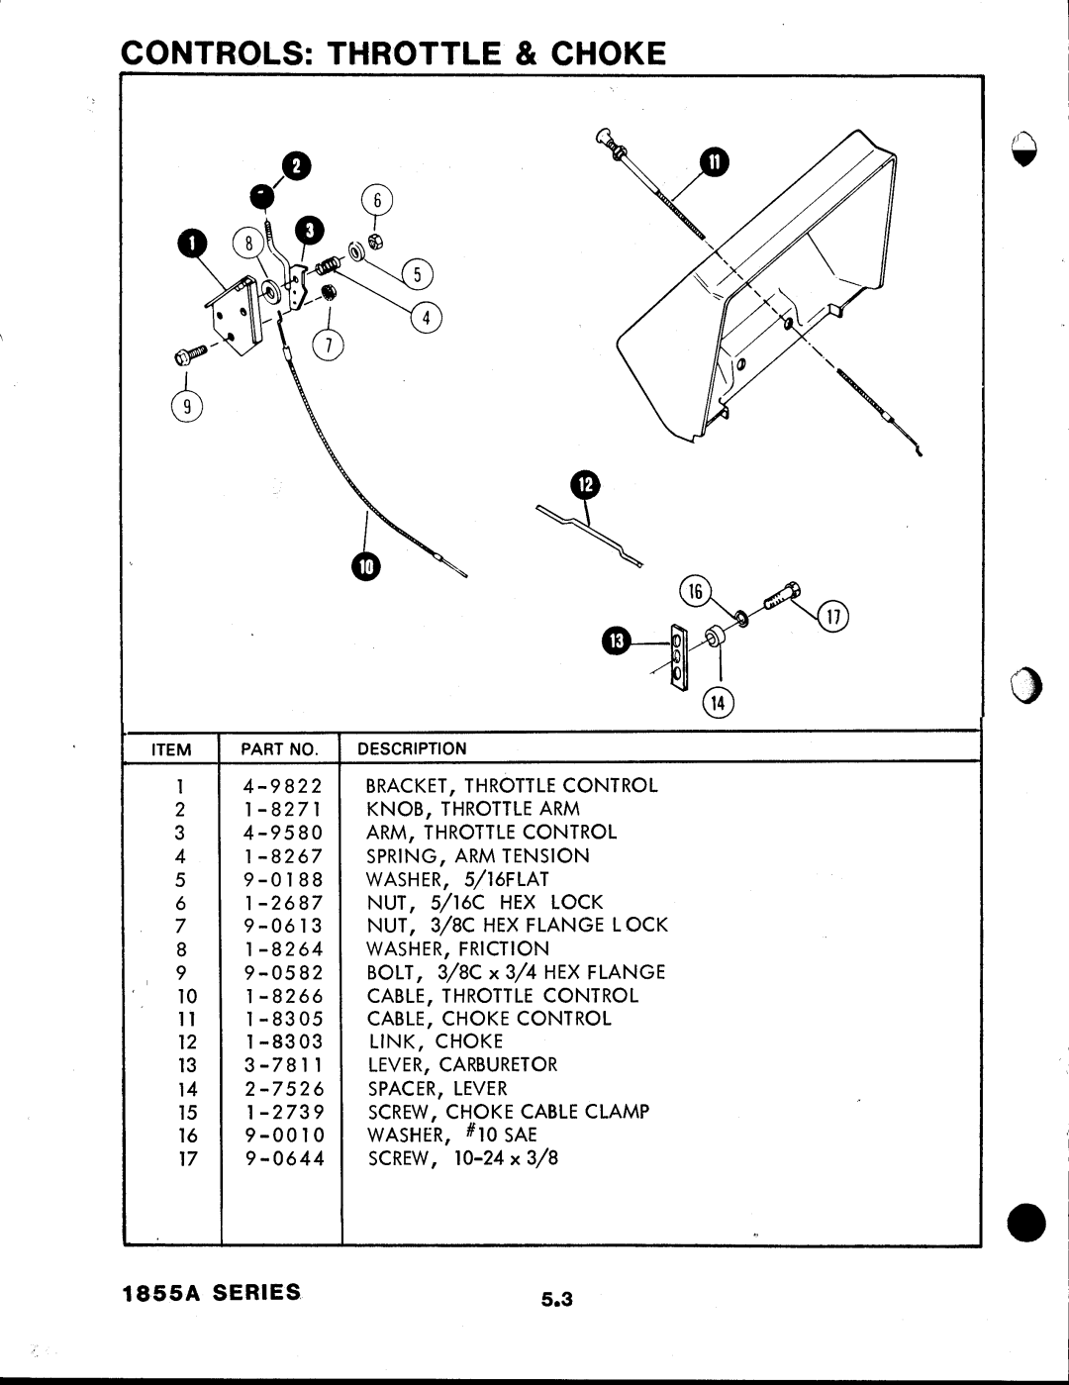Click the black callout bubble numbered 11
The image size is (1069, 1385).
coord(714,161)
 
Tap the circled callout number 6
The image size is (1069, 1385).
coord(376,201)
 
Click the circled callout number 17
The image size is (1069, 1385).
coord(833,620)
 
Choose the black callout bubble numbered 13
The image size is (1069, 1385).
coord(616,642)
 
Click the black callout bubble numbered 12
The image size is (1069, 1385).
coord(585,485)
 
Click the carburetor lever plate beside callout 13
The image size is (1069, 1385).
coord(678,657)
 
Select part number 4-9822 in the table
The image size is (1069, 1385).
coord(283,787)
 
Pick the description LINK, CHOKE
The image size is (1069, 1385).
coord(436,1041)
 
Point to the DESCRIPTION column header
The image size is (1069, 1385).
coord(411,749)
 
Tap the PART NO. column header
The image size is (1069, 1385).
coord(279,749)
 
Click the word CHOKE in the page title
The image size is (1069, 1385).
coord(608,52)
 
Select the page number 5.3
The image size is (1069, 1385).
coord(557,1299)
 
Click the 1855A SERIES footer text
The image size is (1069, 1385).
coord(210,1293)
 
